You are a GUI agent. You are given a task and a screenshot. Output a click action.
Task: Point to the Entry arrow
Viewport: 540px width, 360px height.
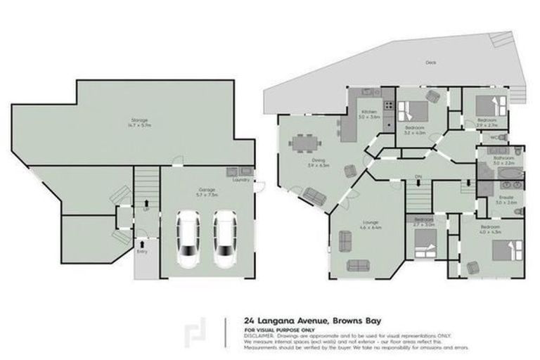(x=142, y=243)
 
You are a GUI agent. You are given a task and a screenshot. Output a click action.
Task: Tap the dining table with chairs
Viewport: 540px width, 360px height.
(x=304, y=143)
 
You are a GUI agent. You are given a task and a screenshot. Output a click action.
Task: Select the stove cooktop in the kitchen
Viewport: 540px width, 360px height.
(x=387, y=108)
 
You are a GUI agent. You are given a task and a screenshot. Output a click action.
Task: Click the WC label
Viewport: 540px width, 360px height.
(x=494, y=136)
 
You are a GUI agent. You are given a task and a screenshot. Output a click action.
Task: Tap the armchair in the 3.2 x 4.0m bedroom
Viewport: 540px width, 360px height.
(x=432, y=96)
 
